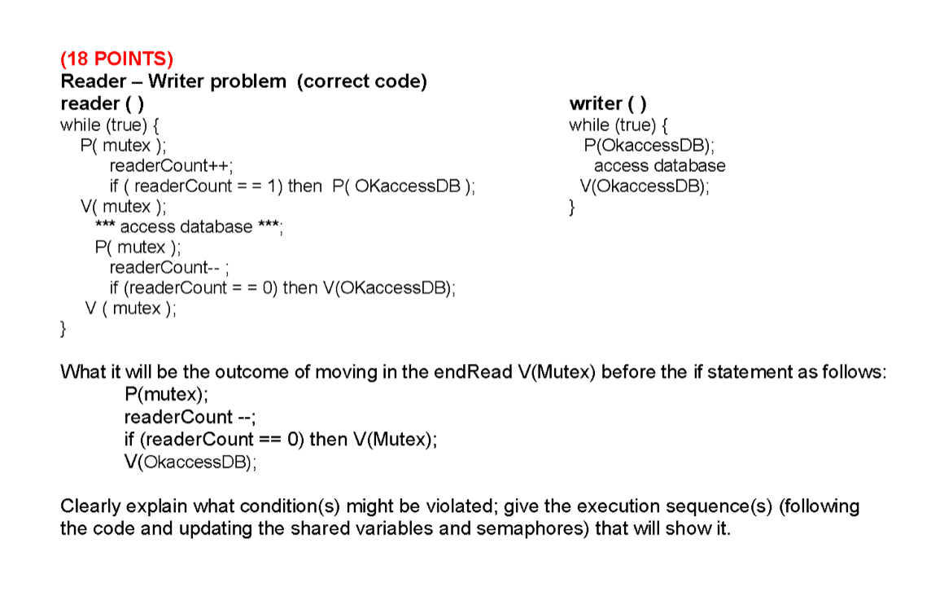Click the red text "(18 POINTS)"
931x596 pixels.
coord(117,59)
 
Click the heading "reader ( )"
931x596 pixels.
coord(103,103)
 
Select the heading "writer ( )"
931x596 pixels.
coord(608,103)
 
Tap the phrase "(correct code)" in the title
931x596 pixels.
coord(362,81)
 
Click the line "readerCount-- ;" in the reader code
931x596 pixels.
coord(173,267)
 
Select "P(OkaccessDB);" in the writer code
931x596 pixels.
coord(649,146)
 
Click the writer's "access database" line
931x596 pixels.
coord(659,166)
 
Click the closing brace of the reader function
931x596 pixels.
coord(64,330)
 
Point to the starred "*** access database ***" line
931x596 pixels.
coord(189,227)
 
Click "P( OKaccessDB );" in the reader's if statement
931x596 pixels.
coord(404,186)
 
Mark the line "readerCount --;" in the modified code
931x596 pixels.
coord(190,418)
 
